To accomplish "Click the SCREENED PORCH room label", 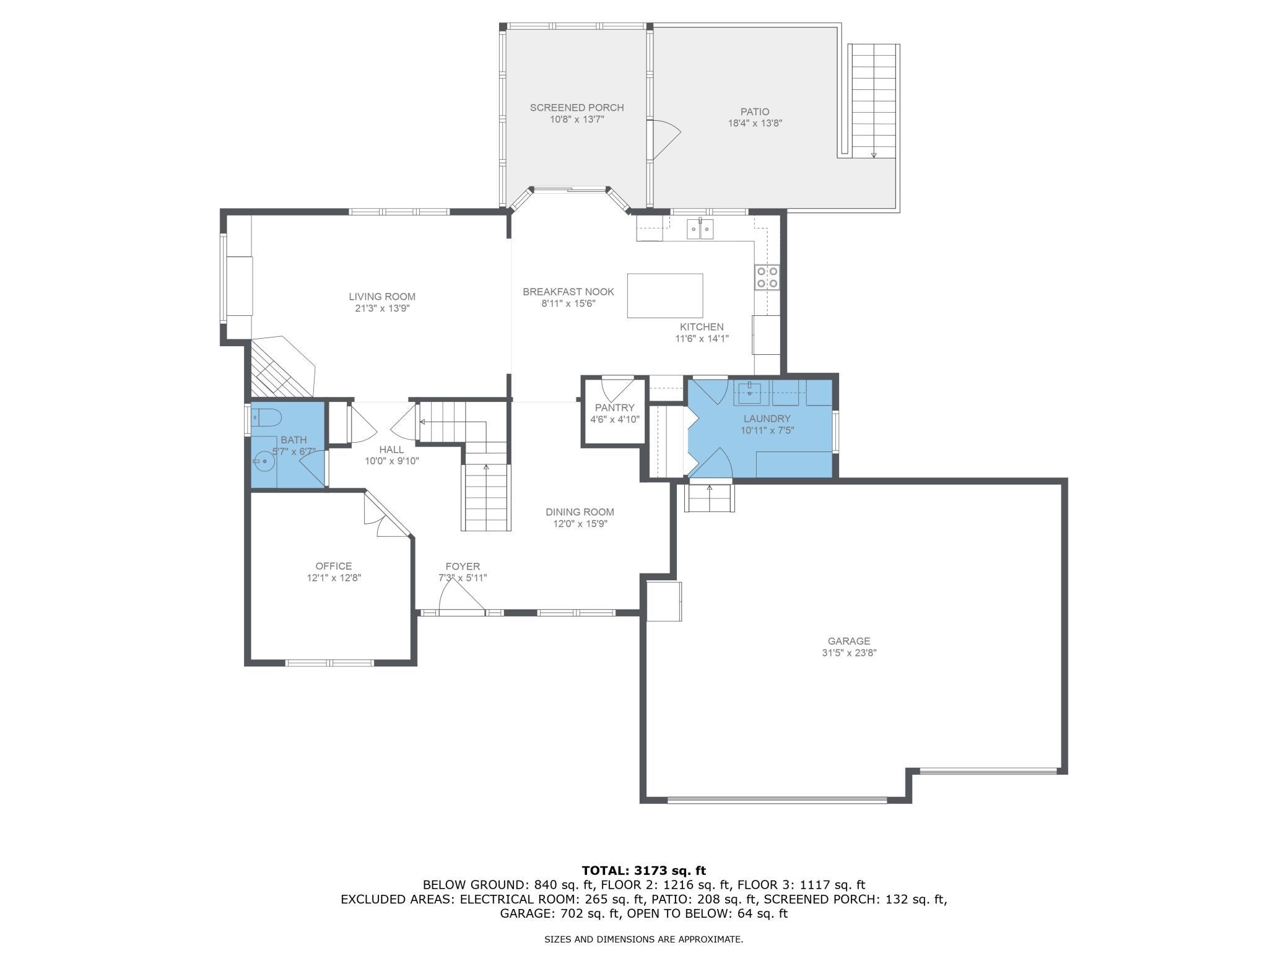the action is pyautogui.click(x=577, y=108).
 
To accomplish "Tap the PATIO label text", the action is pyautogui.click(x=755, y=112).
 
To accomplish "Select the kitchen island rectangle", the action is pyautogui.click(x=665, y=295).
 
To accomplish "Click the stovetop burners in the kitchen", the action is pyautogui.click(x=767, y=277).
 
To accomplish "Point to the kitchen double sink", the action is pyautogui.click(x=700, y=229).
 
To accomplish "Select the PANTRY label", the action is pyautogui.click(x=615, y=407).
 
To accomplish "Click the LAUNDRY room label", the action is pyautogui.click(x=767, y=419).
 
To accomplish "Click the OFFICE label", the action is pyautogui.click(x=334, y=566).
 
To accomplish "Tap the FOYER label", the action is pyautogui.click(x=463, y=567).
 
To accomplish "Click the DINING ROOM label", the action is pyautogui.click(x=580, y=512).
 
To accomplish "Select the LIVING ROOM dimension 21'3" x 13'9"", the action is pyautogui.click(x=382, y=308).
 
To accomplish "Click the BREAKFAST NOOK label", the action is pyautogui.click(x=568, y=292).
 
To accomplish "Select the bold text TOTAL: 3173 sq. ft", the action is pyautogui.click(x=644, y=871).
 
